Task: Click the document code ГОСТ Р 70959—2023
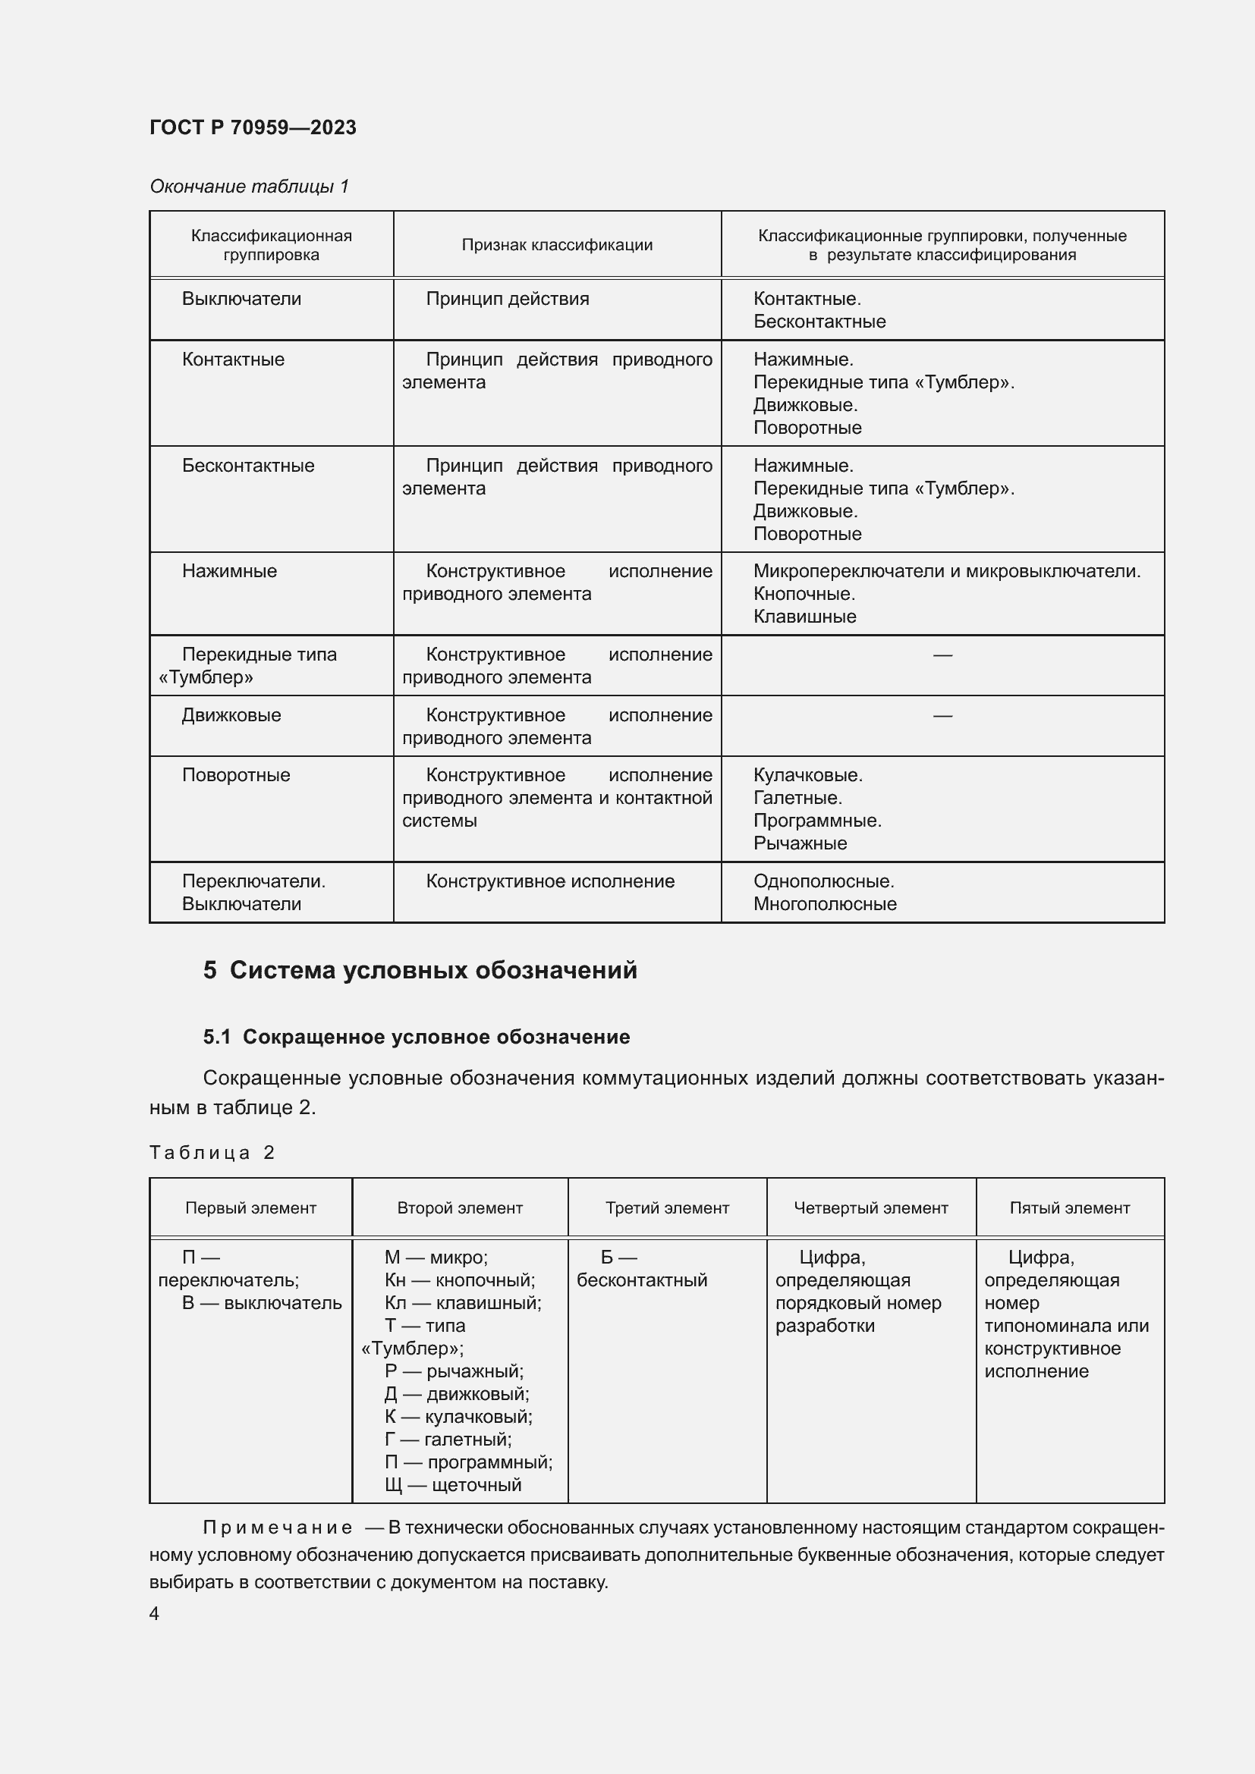coord(253,127)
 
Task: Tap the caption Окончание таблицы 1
coord(249,187)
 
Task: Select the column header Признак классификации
coord(556,245)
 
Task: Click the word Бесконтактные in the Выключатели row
coord(819,322)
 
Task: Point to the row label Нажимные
coord(228,571)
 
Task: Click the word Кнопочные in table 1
coord(804,593)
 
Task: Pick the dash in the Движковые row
coord(942,715)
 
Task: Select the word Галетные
coord(797,797)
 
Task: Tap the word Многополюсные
coord(825,904)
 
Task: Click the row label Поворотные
coord(236,775)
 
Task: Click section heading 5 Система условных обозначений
coord(420,970)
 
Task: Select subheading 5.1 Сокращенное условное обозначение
coord(416,1037)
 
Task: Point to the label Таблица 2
coord(212,1153)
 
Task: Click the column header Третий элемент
coord(667,1207)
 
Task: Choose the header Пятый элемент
coord(1069,1207)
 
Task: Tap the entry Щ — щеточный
coord(453,1484)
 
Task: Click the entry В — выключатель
coord(261,1303)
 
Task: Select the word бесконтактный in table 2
coord(641,1279)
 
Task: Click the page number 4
coord(155,1613)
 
